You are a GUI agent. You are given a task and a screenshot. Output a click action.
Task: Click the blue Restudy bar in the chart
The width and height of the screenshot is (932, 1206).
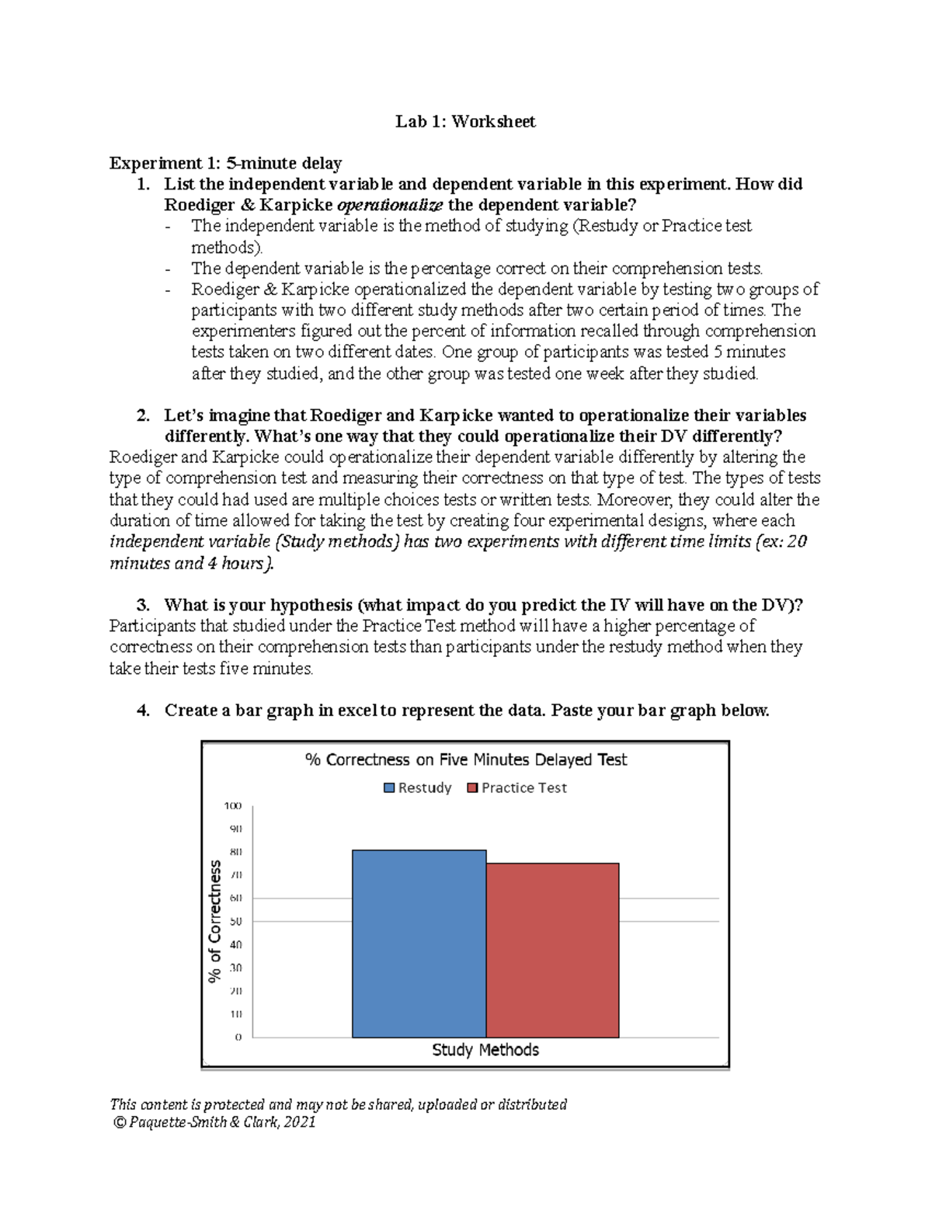419,944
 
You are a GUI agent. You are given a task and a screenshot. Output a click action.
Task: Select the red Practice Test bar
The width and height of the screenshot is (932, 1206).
552,950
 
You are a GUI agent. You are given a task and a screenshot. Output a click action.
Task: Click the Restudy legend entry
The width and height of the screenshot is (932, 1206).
418,787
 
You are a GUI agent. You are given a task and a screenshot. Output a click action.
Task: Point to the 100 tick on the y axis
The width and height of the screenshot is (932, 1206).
233,806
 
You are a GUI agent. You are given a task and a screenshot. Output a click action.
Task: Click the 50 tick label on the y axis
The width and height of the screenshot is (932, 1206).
235,922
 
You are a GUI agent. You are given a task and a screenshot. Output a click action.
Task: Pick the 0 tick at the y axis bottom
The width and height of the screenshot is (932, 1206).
238,1037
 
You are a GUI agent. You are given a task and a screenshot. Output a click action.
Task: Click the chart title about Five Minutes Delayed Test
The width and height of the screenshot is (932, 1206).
465,759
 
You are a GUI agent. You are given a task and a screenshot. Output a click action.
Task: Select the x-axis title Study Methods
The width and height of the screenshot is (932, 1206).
485,1050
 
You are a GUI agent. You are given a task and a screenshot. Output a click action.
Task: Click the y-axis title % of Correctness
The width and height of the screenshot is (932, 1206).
215,921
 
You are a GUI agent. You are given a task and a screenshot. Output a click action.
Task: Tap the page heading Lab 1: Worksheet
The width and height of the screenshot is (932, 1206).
465,121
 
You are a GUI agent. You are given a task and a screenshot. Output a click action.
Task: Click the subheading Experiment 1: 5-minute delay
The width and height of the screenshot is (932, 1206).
225,163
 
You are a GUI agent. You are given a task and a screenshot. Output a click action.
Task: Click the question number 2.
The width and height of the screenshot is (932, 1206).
142,415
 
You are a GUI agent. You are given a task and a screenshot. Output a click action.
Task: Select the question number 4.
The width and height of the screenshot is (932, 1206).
142,711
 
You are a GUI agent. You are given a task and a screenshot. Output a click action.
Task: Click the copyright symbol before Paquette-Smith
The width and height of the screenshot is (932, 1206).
119,1122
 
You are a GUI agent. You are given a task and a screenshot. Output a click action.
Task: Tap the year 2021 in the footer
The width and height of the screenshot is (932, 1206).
300,1122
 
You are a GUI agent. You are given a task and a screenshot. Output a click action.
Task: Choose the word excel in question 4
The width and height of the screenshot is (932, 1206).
357,711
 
